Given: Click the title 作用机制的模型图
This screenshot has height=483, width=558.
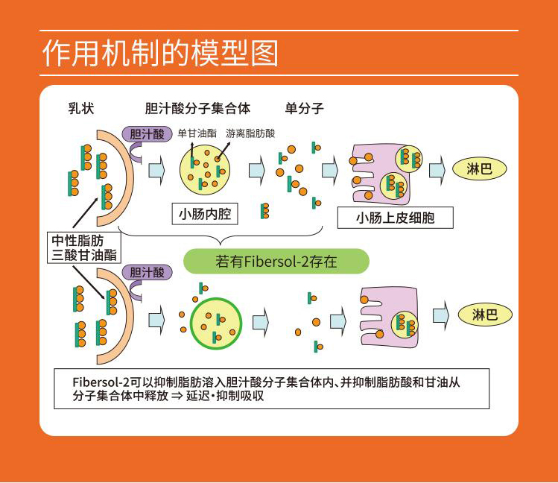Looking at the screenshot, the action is click(x=160, y=54).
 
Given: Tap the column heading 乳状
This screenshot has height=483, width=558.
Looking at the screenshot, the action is click(x=81, y=108).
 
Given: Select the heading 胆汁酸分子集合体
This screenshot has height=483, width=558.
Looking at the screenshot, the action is click(x=198, y=108).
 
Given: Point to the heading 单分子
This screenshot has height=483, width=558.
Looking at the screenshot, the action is click(x=304, y=108).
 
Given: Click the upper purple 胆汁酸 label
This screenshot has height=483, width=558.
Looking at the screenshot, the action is click(x=147, y=134).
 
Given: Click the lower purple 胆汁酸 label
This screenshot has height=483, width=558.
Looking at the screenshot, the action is click(x=147, y=272).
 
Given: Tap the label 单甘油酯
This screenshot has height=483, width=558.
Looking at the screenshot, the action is click(x=197, y=133).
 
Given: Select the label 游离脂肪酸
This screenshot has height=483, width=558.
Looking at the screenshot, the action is click(x=250, y=133).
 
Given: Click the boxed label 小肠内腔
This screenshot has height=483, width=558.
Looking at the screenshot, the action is click(x=205, y=214).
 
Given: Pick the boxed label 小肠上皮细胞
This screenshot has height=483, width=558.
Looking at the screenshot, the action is click(x=396, y=218).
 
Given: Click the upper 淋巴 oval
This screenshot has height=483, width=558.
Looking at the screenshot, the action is click(x=479, y=168).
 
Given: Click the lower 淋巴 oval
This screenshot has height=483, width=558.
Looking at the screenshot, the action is click(x=485, y=315).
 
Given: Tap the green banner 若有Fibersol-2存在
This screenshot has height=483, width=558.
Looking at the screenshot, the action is click(x=276, y=262).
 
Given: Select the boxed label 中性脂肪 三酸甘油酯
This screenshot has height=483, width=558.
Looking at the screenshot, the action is click(x=84, y=247).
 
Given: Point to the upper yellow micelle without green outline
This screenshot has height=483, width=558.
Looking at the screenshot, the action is click(x=205, y=170).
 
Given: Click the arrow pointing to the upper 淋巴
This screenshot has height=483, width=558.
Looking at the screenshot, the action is click(x=437, y=170).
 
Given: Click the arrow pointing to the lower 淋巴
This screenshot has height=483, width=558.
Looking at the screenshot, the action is click(x=441, y=315).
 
